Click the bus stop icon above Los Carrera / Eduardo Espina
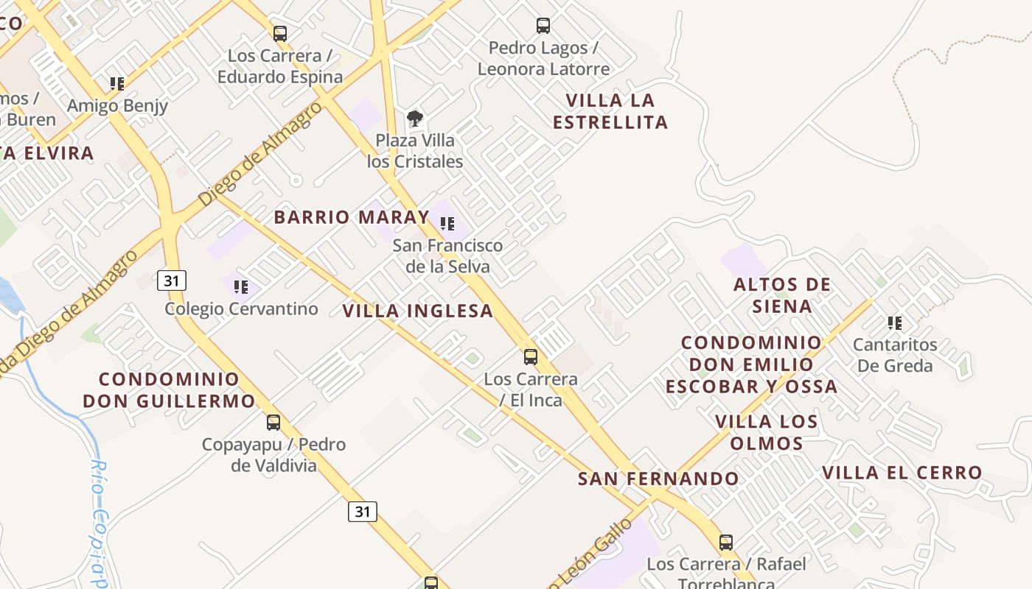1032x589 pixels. click(x=280, y=33)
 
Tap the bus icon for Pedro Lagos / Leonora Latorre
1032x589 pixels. click(x=543, y=26)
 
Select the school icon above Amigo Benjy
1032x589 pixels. click(x=117, y=83)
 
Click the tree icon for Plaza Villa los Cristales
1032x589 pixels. click(x=415, y=118)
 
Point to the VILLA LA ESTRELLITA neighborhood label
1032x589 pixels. click(x=610, y=111)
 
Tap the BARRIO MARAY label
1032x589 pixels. click(x=352, y=217)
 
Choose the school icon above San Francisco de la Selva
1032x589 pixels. click(x=447, y=223)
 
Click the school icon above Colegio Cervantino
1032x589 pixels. click(x=241, y=286)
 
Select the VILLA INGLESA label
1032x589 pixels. click(x=418, y=311)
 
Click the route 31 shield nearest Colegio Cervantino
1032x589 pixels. click(x=172, y=280)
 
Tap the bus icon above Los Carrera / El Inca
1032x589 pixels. click(x=531, y=357)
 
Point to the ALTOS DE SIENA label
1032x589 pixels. click(x=782, y=295)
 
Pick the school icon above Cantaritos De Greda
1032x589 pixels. click(x=895, y=322)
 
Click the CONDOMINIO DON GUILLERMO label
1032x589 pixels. click(x=169, y=390)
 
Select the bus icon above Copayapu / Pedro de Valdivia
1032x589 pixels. click(x=273, y=423)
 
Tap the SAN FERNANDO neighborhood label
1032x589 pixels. click(x=658, y=479)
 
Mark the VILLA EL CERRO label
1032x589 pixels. click(x=902, y=473)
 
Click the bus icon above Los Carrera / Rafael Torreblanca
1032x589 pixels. click(x=726, y=543)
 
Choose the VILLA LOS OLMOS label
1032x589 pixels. click(x=767, y=432)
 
